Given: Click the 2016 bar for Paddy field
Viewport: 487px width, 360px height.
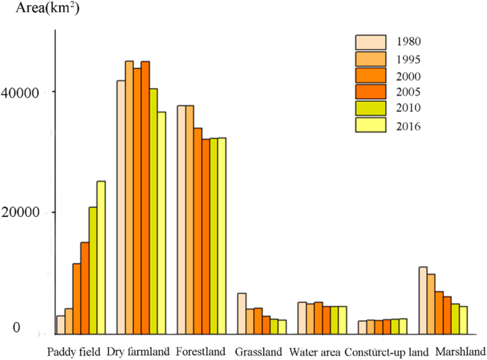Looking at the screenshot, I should coord(101,257).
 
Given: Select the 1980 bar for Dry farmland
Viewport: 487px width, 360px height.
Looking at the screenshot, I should coord(121,206).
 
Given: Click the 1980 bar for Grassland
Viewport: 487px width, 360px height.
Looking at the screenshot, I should coord(242,313).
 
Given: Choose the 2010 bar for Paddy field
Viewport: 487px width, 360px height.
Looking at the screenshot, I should coord(92,270).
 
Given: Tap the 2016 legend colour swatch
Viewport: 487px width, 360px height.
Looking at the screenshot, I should coord(370,126).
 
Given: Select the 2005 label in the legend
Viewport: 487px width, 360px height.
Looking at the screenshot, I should coord(410,92).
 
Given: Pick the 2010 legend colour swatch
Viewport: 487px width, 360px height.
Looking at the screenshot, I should coord(370,109).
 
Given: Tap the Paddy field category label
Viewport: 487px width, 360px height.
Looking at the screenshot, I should coord(74,351).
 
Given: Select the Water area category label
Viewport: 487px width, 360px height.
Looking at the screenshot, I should coord(314,351).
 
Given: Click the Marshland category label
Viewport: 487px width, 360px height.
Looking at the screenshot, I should coord(459,351).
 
